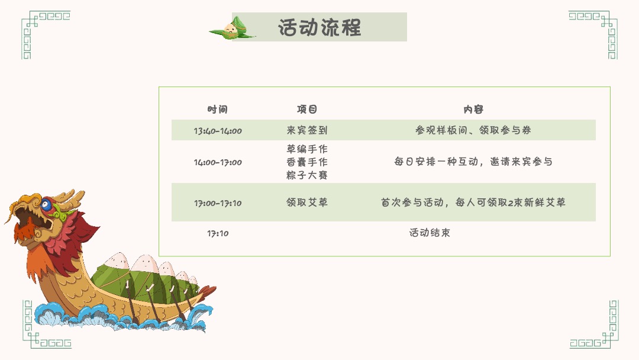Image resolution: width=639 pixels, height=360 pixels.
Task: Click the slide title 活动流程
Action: pos(319,27)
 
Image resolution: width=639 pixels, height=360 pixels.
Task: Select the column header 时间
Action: pos(217,110)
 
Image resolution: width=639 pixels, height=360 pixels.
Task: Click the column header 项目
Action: pos(307,110)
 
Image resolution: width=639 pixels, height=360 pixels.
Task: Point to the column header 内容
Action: pos(473,110)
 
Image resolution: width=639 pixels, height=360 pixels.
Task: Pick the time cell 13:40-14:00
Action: pos(218,131)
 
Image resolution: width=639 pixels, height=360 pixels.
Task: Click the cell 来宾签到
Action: pos(307,130)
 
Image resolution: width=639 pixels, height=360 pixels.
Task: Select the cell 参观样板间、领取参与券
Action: pos(473,130)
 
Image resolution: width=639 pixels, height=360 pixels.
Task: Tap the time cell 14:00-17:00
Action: pos(218,162)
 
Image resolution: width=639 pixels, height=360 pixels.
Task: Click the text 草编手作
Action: pos(307,149)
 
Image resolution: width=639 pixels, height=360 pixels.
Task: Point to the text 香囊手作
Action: pos(307,162)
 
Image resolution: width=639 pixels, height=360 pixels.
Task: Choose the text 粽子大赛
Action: pos(307,175)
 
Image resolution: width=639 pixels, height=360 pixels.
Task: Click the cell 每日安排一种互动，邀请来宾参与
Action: pos(473,162)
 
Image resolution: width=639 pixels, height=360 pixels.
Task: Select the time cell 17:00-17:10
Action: pos(218,203)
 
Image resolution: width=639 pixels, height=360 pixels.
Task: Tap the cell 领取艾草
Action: pos(307,202)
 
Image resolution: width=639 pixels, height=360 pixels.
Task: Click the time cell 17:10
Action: pos(218,233)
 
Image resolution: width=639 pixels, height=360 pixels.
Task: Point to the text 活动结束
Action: pos(430,233)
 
